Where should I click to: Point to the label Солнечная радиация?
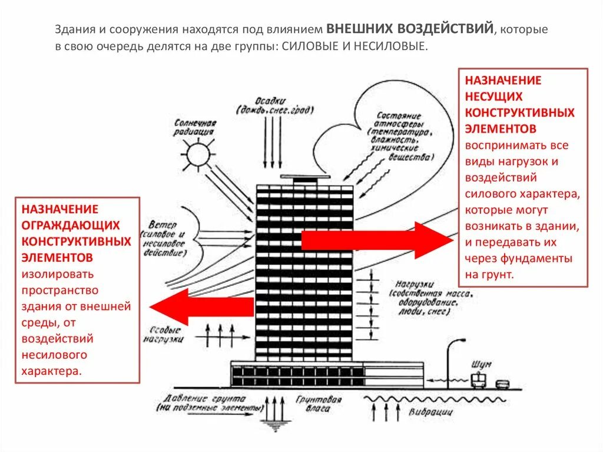tap(195, 127)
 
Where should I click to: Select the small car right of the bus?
tap(502, 384)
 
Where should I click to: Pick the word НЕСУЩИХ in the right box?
tap(493, 95)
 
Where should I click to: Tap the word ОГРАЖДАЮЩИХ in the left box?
tap(71, 225)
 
